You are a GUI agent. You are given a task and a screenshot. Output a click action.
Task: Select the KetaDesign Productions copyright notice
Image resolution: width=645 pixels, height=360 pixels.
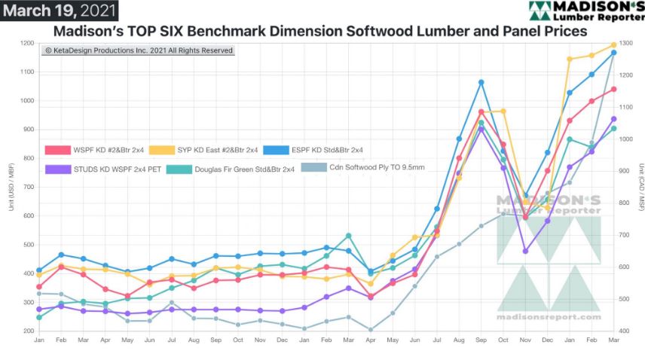[139, 50]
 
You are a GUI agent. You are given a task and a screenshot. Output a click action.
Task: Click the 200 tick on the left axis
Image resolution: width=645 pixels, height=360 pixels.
[29, 331]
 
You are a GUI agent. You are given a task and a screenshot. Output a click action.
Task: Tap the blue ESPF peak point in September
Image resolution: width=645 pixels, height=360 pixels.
[481, 82]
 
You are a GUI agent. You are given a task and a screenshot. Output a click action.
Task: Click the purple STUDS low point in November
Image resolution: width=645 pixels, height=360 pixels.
[525, 251]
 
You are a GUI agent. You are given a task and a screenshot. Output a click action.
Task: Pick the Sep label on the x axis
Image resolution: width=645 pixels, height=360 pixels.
[481, 340]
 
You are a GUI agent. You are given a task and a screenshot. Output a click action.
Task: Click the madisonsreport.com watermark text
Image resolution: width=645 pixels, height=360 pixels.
[548, 317]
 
